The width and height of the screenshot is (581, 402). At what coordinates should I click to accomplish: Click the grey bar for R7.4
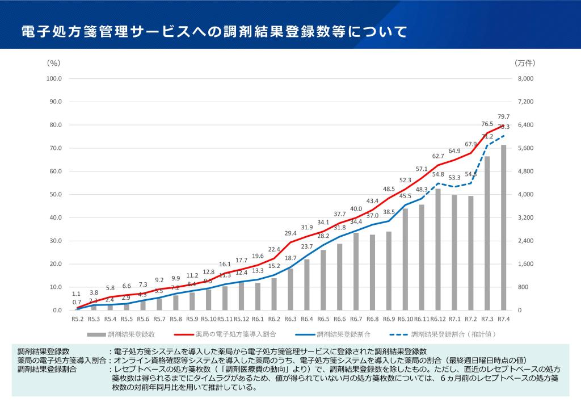503,227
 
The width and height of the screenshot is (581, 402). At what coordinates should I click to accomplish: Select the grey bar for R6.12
438,250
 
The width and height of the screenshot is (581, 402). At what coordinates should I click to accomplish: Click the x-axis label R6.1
258,319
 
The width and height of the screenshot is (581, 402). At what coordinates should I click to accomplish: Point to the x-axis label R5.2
78,319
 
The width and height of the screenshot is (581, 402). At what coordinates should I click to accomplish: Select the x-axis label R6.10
405,319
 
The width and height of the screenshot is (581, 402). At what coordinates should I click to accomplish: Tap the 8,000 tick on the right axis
526,78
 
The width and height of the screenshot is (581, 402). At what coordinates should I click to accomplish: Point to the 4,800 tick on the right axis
526,171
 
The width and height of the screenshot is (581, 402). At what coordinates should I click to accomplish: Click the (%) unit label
53,62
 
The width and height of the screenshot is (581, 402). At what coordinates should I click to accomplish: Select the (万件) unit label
525,62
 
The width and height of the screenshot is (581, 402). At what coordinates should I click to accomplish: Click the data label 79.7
503,116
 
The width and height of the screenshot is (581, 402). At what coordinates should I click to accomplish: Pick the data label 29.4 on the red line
290,233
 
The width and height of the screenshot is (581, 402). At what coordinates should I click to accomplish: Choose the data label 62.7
438,156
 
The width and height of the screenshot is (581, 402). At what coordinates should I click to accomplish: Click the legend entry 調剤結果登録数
131,334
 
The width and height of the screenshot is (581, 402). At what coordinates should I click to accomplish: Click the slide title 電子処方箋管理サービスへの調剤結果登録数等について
214,31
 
